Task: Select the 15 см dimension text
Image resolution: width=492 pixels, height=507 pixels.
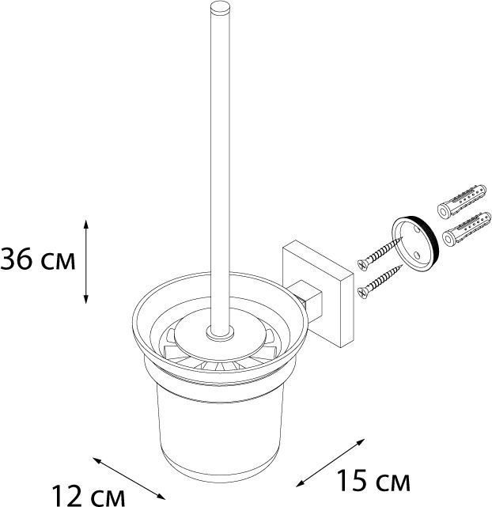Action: tap(373, 479)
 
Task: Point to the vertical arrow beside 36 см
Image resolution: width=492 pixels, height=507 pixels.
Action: tap(86, 262)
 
